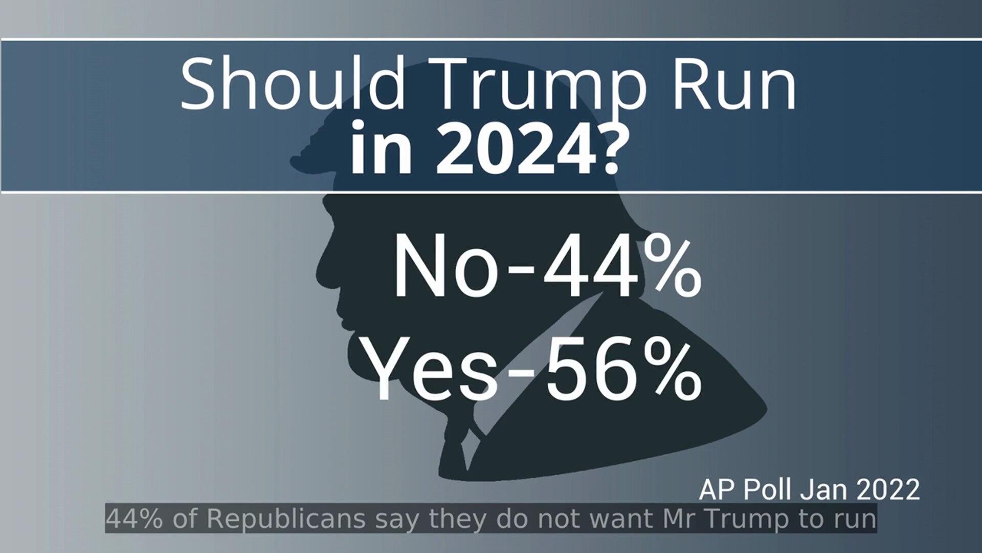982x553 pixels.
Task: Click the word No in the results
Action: pyautogui.click(x=444, y=268)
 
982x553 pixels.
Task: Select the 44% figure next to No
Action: pyautogui.click(x=621, y=268)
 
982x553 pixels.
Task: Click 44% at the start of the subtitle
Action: pyautogui.click(x=135, y=519)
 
